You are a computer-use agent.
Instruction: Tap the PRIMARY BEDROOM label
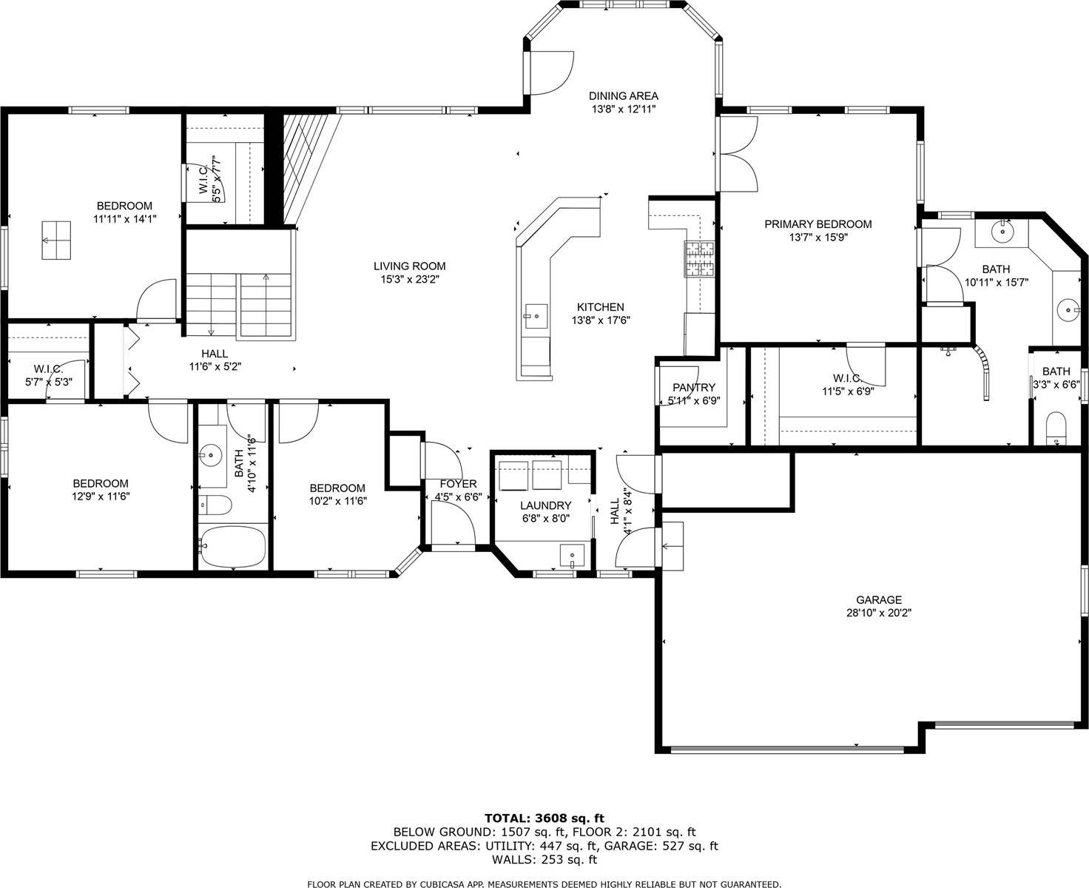(817, 224)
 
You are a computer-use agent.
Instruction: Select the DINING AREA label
(623, 95)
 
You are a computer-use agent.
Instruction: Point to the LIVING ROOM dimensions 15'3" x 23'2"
(409, 280)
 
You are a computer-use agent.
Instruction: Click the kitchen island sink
(534, 316)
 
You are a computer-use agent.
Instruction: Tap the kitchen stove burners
(699, 259)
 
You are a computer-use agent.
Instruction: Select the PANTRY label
(693, 387)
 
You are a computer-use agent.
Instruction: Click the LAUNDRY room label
(545, 505)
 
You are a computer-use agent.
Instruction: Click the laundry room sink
(572, 554)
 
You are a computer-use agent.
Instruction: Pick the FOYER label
(458, 484)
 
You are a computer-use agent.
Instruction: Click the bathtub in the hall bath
(232, 546)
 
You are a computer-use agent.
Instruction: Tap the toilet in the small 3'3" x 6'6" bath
(1056, 429)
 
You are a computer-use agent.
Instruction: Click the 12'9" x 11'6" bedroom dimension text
(101, 497)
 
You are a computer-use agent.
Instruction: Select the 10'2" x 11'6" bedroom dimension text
(337, 500)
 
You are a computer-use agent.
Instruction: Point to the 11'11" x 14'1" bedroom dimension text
(124, 218)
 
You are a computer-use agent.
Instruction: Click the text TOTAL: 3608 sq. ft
(544, 818)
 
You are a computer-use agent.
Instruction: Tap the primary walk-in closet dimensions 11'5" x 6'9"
(848, 391)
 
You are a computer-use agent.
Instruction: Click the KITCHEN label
(600, 307)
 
